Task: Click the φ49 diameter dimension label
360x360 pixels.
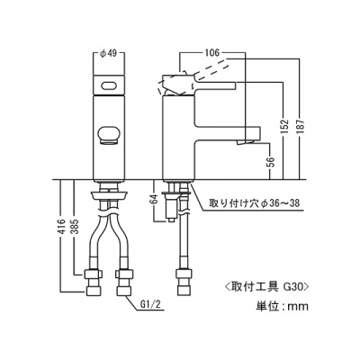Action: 108,54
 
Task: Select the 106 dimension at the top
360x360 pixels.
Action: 212,53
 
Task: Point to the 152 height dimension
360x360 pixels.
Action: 285,126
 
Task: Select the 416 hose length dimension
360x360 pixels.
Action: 61,226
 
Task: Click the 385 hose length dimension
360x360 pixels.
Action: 75,226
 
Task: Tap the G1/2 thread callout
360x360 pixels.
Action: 151,305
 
